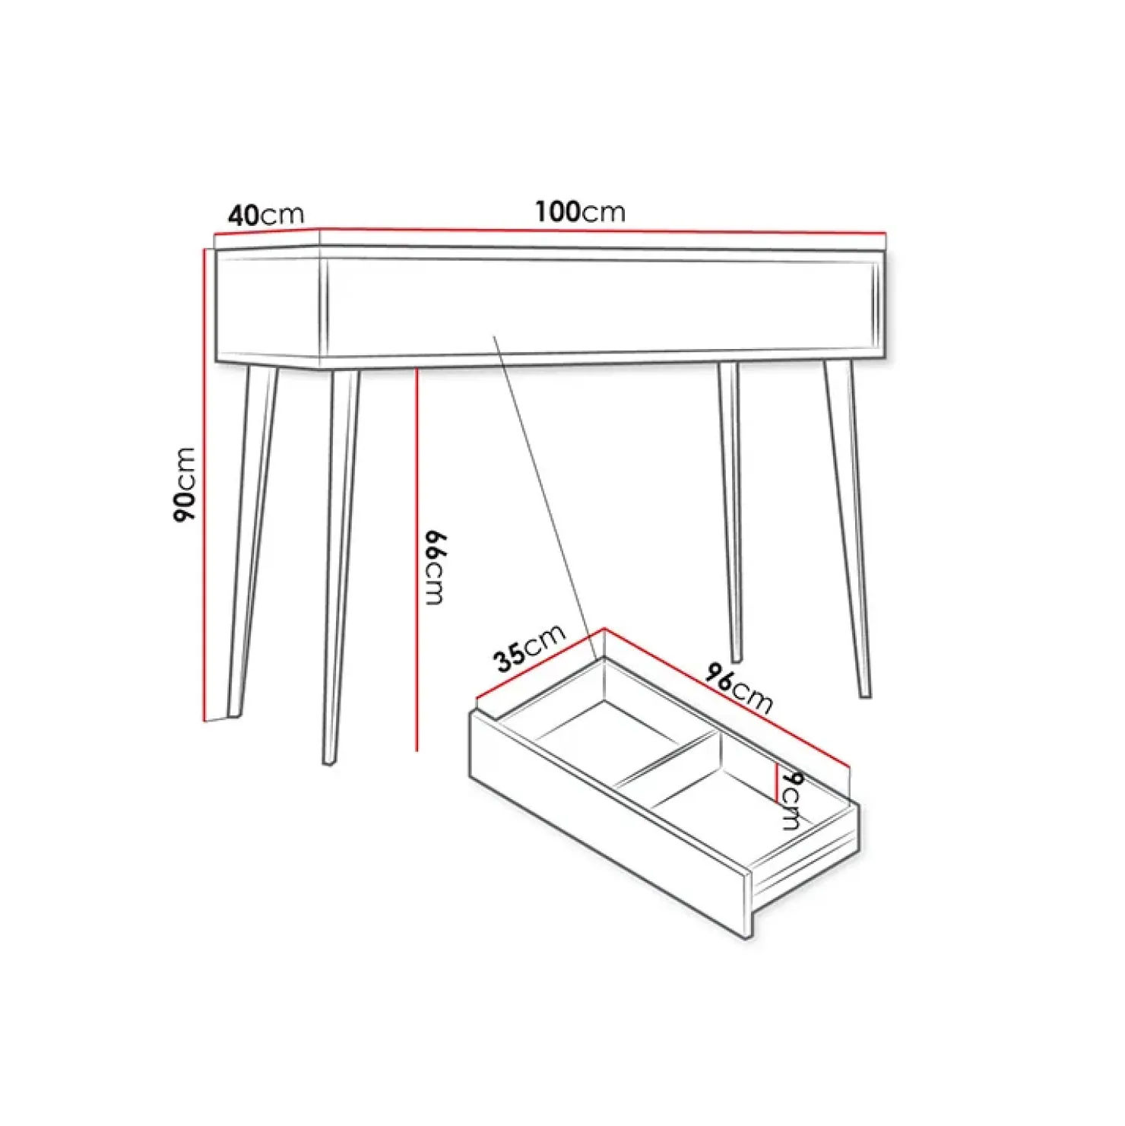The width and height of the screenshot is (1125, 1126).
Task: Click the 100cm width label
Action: pyautogui.click(x=580, y=211)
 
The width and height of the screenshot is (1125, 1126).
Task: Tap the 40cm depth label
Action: pyautogui.click(x=266, y=214)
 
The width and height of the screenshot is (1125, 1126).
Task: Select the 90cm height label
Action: pyautogui.click(x=185, y=484)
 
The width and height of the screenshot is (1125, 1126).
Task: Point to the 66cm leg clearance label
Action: pyautogui.click(x=434, y=567)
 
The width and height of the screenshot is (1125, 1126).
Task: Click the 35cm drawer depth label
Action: pyautogui.click(x=530, y=649)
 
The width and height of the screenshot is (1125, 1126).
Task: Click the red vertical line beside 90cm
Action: pyautogui.click(x=205, y=484)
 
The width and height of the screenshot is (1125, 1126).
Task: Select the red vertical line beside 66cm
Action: pyautogui.click(x=417, y=560)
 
